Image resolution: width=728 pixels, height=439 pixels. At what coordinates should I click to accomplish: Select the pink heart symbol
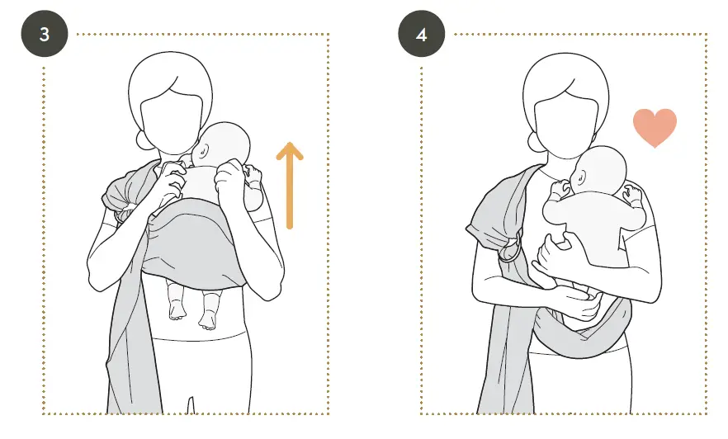pyautogui.click(x=655, y=127)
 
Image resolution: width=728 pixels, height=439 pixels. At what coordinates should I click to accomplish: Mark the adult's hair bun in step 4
pyautogui.click(x=541, y=142)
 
